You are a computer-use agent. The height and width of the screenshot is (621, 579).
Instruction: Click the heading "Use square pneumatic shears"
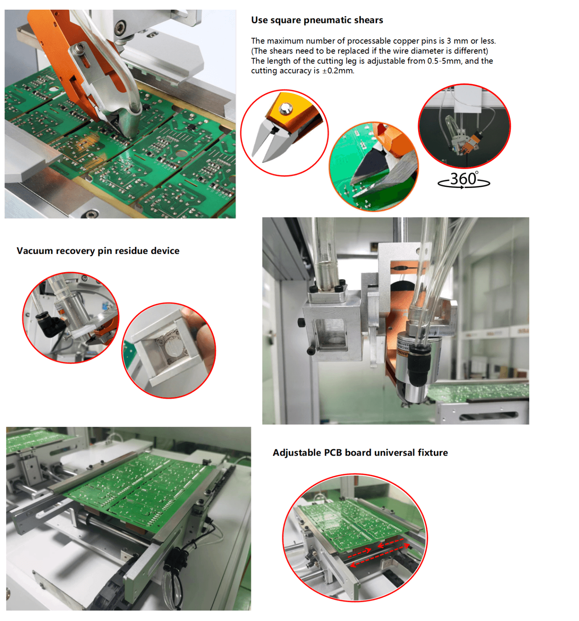point(317,20)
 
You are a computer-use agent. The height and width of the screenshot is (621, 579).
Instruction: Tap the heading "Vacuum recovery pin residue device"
point(98,251)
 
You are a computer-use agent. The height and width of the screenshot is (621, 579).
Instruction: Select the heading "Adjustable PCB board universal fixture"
point(360,452)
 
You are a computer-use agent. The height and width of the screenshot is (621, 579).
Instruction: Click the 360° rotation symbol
point(464,180)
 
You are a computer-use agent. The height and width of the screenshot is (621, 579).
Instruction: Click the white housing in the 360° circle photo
point(467,99)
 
